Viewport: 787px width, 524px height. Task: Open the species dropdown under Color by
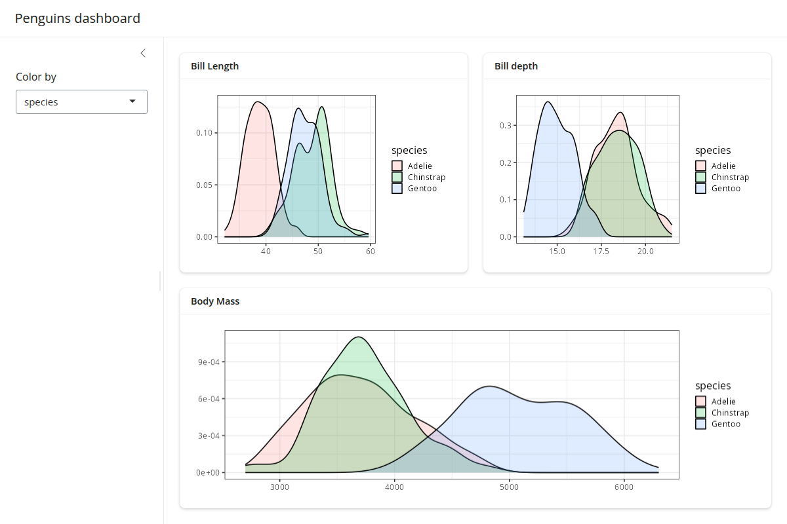[81, 102]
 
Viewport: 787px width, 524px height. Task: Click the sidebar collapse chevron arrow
[143, 53]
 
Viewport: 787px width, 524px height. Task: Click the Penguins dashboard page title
[77, 18]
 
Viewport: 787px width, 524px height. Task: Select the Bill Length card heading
[214, 66]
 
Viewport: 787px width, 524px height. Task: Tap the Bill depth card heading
[516, 66]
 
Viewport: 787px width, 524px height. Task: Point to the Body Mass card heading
[215, 301]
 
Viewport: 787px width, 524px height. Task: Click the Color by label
[36, 77]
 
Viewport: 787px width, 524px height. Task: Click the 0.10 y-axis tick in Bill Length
[204, 133]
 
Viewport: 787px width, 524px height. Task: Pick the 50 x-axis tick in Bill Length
[318, 252]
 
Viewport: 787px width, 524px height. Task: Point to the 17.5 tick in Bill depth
[601, 252]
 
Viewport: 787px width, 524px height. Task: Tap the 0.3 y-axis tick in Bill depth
[506, 125]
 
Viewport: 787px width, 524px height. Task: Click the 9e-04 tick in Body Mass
[209, 362]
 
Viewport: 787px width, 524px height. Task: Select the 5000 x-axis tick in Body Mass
[509, 487]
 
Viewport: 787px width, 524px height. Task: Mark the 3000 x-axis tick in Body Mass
[279, 487]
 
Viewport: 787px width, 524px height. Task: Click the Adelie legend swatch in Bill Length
[397, 166]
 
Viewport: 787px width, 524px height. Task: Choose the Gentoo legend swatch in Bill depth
[700, 188]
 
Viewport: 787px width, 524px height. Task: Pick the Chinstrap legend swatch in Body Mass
[700, 413]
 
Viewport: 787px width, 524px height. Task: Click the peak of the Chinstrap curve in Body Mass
[358, 337]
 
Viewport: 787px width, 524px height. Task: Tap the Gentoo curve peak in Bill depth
[548, 102]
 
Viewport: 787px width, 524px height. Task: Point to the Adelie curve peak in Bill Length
[258, 102]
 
